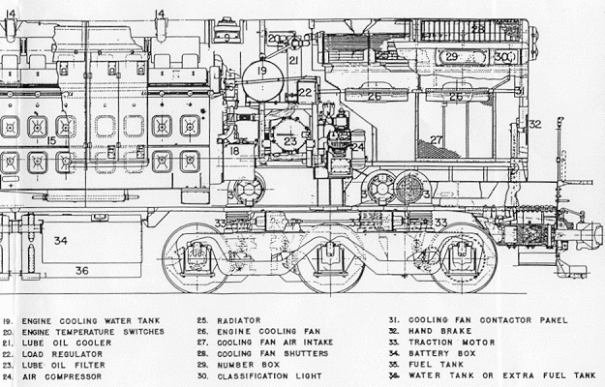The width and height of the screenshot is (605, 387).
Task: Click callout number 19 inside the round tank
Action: click(260, 71)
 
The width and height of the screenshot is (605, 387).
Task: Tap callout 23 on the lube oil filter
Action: click(290, 141)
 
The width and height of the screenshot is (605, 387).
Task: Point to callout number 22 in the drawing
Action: click(306, 93)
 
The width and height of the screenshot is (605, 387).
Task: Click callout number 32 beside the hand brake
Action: click(535, 124)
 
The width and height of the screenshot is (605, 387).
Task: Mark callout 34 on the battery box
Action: click(61, 240)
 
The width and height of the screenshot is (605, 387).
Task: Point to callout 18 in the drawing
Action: click(232, 149)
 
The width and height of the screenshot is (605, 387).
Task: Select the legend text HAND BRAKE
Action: click(435, 331)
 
